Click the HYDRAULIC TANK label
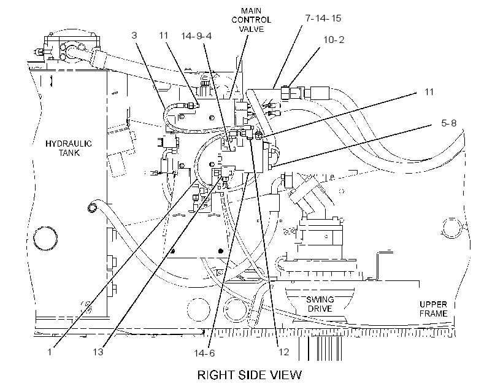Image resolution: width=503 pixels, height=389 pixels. [69, 148]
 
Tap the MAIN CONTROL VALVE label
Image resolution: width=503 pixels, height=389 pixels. [251, 20]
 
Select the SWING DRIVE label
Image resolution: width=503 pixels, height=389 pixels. [320, 304]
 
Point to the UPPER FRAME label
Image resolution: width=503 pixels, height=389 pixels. [433, 309]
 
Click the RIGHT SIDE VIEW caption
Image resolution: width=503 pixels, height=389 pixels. [250, 375]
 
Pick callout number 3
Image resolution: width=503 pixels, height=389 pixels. [134, 36]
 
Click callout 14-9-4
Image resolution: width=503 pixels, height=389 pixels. [196, 36]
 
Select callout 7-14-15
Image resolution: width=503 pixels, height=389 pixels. [323, 18]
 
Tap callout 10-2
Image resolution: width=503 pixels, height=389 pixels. [334, 40]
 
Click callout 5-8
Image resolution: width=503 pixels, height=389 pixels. [449, 123]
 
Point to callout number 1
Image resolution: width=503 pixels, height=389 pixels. [50, 352]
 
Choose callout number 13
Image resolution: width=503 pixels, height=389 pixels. [98, 352]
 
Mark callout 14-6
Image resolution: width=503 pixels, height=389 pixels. [204, 353]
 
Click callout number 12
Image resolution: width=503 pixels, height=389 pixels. [284, 352]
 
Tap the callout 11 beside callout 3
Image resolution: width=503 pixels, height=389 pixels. [164, 36]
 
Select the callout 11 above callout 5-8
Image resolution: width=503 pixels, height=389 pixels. [429, 92]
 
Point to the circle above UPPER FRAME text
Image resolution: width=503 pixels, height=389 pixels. [451, 228]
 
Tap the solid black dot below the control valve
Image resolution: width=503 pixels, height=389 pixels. [220, 251]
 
